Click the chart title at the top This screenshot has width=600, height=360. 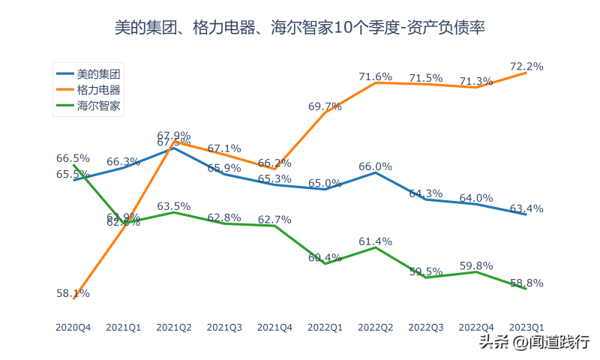[300, 28]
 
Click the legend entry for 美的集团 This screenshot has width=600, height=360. [98, 73]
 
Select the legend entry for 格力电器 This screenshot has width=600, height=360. [98, 90]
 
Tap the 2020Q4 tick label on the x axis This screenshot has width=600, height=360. [73, 328]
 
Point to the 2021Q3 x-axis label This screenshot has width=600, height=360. [224, 328]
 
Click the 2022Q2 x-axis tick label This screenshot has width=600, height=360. [376, 328]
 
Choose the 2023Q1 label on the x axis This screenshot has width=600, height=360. [526, 328]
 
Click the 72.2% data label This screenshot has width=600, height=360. [526, 66]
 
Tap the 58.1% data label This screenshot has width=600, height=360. [73, 293]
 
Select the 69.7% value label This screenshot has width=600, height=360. [325, 106]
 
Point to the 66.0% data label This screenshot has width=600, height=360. [376, 166]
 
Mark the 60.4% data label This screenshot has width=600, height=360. [325, 257]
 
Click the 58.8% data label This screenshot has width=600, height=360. [526, 283]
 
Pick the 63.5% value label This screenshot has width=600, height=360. [173, 206]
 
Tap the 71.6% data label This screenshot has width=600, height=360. [376, 76]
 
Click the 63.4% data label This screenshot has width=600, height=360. [526, 208]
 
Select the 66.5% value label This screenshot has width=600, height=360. [73, 158]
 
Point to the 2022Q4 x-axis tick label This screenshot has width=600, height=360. [476, 328]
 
